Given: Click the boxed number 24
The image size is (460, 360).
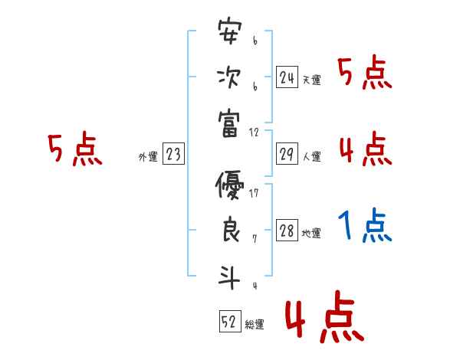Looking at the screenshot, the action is point(287,77).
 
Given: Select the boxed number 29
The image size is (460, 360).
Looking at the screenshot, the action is point(287,154).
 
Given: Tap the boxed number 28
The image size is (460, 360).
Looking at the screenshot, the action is point(287,231).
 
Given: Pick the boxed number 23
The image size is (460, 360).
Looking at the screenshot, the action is point(173,155).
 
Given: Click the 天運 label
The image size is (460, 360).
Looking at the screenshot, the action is point(311,80).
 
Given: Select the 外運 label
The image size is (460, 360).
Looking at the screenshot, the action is point(147,157).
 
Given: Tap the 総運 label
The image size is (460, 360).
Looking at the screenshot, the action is point(255,325).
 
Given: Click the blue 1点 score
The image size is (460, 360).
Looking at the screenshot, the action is point(366,225).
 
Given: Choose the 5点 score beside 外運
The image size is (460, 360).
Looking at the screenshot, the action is point(74,149).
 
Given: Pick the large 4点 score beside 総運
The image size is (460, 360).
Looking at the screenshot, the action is point(324,319).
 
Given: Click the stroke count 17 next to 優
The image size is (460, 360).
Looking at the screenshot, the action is point(254,192).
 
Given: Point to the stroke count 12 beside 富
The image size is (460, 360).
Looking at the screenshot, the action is point(255,132).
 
